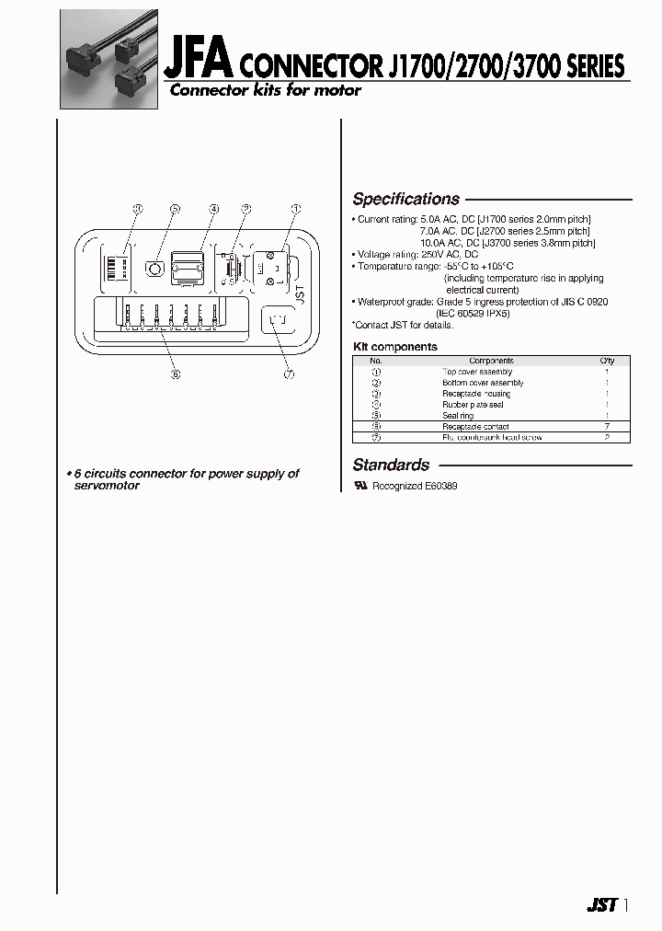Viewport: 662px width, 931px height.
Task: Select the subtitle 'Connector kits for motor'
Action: click(264, 90)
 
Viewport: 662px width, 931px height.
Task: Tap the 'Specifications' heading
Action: click(405, 199)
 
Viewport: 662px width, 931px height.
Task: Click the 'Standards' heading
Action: click(391, 465)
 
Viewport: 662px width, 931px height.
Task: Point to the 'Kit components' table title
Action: click(395, 347)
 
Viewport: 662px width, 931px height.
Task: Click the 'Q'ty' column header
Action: click(607, 361)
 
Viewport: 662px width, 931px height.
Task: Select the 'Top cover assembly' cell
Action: click(478, 372)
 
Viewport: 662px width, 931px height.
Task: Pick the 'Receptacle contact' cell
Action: click(475, 427)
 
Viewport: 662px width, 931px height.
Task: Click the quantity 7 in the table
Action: click(607, 427)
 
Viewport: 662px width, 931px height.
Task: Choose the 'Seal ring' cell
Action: click(458, 416)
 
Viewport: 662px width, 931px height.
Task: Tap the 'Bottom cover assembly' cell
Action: click(483, 383)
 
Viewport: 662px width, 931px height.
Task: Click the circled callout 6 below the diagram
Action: click(175, 374)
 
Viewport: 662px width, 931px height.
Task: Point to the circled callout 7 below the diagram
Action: click(289, 374)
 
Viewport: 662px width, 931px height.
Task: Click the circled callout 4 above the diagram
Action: click(213, 209)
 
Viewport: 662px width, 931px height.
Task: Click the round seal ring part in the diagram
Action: click(155, 271)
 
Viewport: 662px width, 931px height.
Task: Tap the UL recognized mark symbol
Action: click(360, 485)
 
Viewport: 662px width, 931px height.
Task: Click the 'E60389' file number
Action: click(441, 486)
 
